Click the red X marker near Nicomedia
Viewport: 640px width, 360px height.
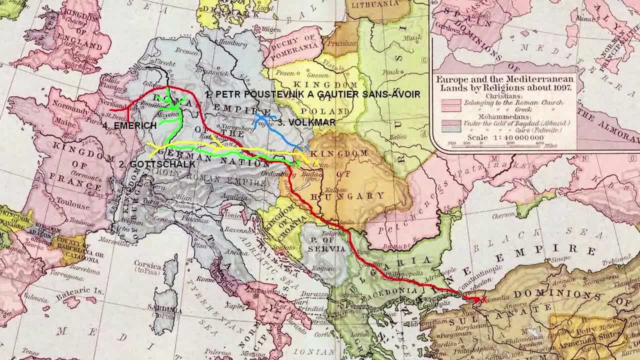pyautogui.click(x=483, y=299)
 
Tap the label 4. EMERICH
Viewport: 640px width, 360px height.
pyautogui.click(x=129, y=126)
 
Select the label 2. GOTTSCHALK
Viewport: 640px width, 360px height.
pyautogui.click(x=157, y=164)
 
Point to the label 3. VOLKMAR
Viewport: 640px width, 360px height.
pyautogui.click(x=307, y=122)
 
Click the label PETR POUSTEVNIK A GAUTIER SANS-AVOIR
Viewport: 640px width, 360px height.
pyautogui.click(x=312, y=94)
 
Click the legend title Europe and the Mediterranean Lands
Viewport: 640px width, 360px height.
pyautogui.click(x=505, y=83)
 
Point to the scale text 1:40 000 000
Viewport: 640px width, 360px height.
pyautogui.click(x=505, y=137)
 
